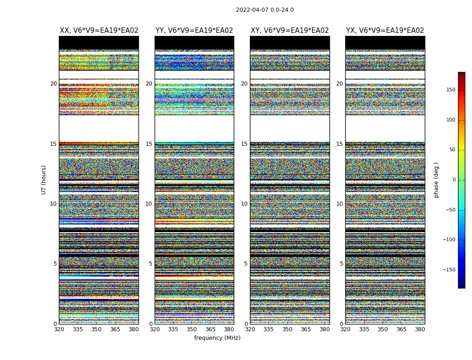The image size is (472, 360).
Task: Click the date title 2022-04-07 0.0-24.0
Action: coord(265,10)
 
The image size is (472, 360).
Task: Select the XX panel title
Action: coord(99,31)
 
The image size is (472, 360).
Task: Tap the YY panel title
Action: coord(194,31)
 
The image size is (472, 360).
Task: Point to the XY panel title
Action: coord(289,31)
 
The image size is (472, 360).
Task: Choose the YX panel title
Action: coord(385,31)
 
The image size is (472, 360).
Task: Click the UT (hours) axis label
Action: coord(44,180)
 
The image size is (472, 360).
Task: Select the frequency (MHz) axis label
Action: coord(217,338)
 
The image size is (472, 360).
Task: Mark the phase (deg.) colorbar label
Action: coord(436,180)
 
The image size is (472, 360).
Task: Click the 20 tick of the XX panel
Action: coord(53,84)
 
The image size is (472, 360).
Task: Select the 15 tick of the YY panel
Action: coord(149,144)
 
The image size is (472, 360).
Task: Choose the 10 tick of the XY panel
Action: coord(244,204)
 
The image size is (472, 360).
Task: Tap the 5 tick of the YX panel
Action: coord(341,264)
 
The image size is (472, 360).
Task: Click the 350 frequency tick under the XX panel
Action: coord(96,329)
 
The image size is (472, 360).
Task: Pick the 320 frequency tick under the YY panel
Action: coord(155,329)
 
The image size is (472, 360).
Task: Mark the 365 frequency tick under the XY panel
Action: coord(306,329)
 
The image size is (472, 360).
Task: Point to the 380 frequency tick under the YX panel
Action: coord(420,329)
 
